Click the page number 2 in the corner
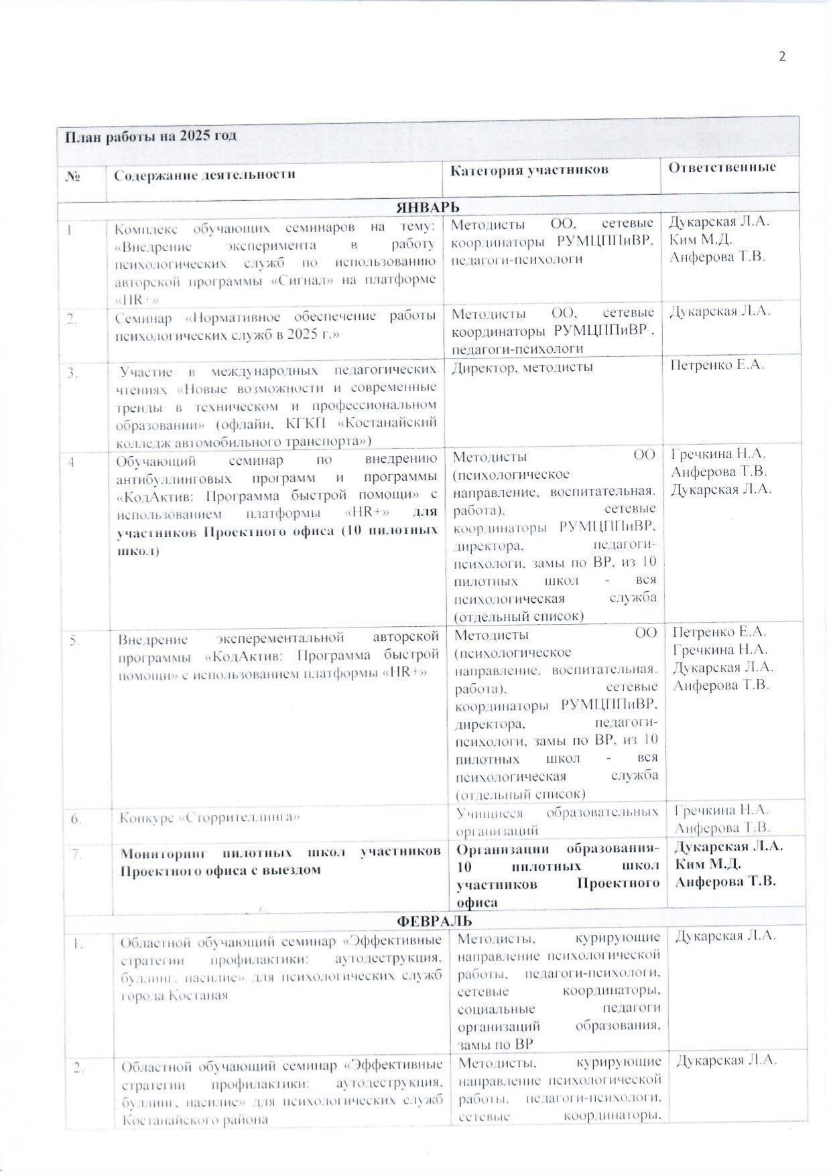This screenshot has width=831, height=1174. tap(781, 56)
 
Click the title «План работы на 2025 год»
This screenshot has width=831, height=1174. tap(151, 136)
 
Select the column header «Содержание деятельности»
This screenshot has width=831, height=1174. tap(204, 175)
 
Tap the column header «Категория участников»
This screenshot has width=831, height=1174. tap(529, 170)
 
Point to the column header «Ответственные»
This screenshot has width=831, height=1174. tap(722, 167)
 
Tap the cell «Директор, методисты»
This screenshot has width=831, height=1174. tap(522, 366)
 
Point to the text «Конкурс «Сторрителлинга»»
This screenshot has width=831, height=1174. tap(210, 818)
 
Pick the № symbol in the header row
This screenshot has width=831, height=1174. tap(74, 176)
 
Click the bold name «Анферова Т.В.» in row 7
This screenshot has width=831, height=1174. tap(725, 881)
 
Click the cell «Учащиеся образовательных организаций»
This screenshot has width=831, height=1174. tap(556, 821)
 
